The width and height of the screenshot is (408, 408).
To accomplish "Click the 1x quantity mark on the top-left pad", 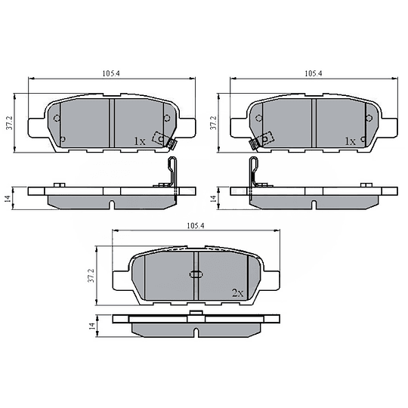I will pyautogui.click(x=139, y=141).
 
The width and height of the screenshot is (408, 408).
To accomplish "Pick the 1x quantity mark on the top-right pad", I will pyautogui.click(x=349, y=141).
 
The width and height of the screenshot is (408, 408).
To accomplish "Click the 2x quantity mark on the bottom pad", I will pyautogui.click(x=237, y=292).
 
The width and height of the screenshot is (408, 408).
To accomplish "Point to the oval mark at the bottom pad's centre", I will pyautogui.click(x=196, y=276).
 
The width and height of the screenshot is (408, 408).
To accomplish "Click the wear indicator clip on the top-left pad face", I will pyautogui.click(x=162, y=140).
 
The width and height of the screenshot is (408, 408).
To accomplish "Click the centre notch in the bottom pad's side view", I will pyautogui.click(x=196, y=333).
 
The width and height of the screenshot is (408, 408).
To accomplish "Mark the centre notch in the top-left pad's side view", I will pyautogui.click(x=111, y=204).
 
